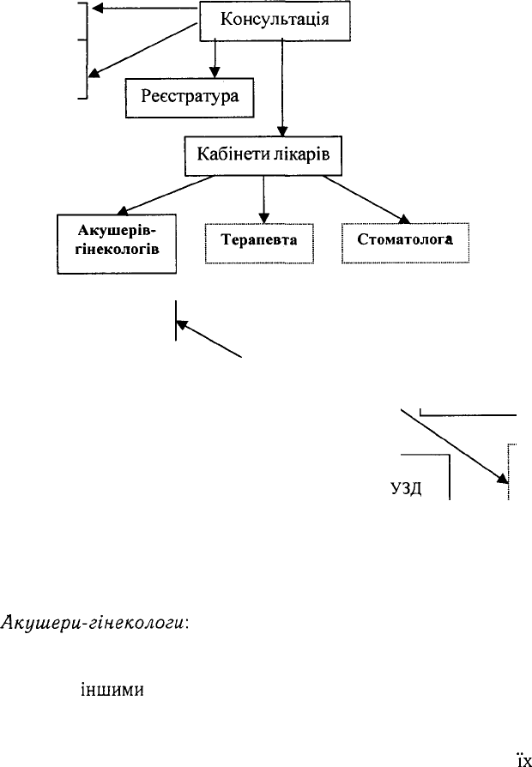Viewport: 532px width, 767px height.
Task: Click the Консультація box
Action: tap(275, 21)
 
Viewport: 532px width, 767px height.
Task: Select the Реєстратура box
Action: tap(190, 98)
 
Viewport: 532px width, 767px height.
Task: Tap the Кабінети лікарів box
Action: tap(263, 156)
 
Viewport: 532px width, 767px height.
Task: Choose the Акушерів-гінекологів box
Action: tap(117, 244)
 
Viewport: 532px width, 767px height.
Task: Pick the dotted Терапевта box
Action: tap(259, 243)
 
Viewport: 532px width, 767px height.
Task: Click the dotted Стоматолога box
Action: tap(405, 243)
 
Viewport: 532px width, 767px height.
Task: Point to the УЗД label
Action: tap(406, 489)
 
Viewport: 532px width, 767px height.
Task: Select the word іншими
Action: tap(112, 690)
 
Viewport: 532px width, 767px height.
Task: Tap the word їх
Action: tap(524, 760)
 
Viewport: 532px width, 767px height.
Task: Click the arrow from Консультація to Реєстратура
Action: tap(215, 58)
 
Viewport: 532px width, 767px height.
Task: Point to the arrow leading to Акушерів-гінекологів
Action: tap(166, 195)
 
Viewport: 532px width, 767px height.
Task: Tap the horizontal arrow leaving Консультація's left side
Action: tap(146, 8)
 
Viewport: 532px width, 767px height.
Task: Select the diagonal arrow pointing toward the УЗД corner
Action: tap(455, 447)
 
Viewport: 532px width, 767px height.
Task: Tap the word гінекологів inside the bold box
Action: tap(118, 249)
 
